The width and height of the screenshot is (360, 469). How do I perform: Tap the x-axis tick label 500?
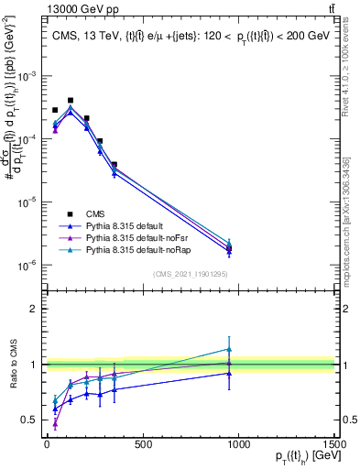click(x=143, y=445)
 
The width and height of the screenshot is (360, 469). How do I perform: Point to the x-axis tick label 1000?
click(x=239, y=445)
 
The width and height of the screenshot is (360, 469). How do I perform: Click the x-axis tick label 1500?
click(x=335, y=445)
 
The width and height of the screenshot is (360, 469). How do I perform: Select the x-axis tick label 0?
click(x=47, y=445)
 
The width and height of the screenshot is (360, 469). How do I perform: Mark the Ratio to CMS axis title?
click(x=13, y=365)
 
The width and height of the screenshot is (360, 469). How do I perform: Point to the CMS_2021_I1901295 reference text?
click(x=191, y=275)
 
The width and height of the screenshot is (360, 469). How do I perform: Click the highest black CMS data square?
click(x=71, y=100)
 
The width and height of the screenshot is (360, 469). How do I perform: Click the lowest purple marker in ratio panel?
click(x=55, y=424)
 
